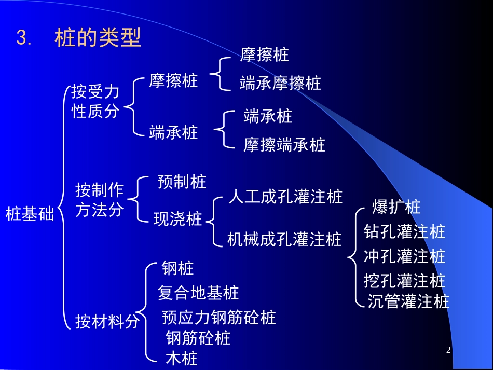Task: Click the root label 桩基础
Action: tap(30, 214)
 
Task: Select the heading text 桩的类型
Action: tap(98, 38)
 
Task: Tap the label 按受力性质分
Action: tap(95, 102)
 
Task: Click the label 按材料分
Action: tap(107, 322)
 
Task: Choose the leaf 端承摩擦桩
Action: tap(280, 83)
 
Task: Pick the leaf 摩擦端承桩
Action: tap(284, 145)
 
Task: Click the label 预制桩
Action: tap(182, 182)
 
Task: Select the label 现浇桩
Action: tap(178, 219)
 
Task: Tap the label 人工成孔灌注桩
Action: tap(285, 197)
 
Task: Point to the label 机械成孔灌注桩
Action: tap(284, 239)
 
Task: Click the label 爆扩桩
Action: tap(396, 207)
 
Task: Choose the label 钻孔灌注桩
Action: tap(405, 231)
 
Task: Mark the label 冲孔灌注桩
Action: tap(405, 256)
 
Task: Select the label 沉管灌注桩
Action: tap(408, 301)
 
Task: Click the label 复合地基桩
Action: tap(198, 293)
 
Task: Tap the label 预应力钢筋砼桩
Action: tap(219, 317)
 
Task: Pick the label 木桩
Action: tap(182, 358)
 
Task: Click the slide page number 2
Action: tap(448, 350)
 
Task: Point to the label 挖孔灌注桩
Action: tap(405, 281)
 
